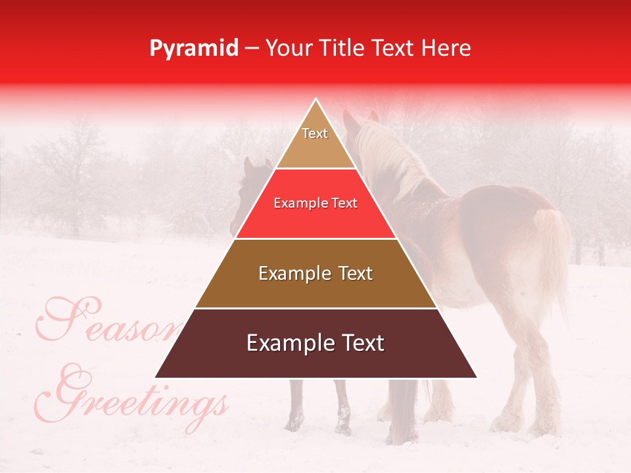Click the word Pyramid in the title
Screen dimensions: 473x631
(x=194, y=48)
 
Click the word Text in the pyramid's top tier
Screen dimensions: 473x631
(x=315, y=133)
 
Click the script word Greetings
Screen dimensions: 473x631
(x=138, y=397)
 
